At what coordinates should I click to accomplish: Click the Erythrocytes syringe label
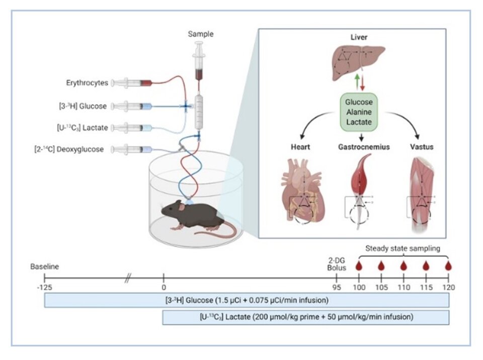(x=87, y=82)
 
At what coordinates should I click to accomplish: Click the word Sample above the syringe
(x=200, y=34)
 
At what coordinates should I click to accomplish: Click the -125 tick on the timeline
(x=44, y=288)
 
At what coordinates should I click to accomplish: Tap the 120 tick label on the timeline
(x=448, y=288)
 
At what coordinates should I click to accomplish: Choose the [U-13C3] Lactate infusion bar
(x=305, y=318)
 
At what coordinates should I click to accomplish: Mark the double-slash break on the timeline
(x=127, y=278)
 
